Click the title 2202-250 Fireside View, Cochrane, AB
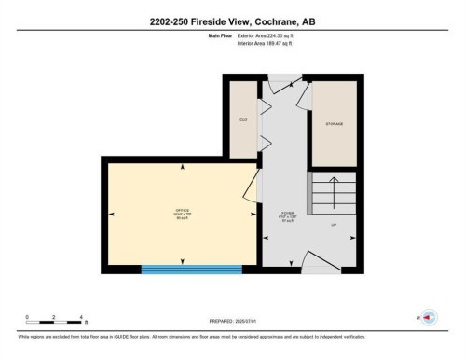tap(232, 22)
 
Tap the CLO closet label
tap(242, 120)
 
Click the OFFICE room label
tap(182, 212)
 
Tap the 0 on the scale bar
tap(27, 317)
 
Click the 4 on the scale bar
tap(82, 317)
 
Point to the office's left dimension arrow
tap(112, 214)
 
